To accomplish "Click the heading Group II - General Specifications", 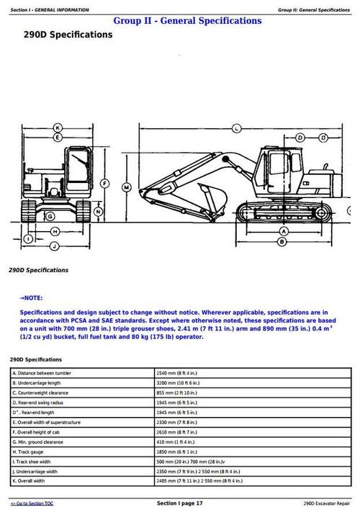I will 187,21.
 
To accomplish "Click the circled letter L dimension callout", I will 235,129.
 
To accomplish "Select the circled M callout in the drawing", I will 127,187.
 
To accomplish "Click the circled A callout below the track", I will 284,231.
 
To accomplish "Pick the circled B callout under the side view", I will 284,241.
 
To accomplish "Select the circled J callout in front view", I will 53,246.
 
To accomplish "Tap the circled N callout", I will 98,212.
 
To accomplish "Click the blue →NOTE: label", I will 32,297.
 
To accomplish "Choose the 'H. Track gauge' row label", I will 29,451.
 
